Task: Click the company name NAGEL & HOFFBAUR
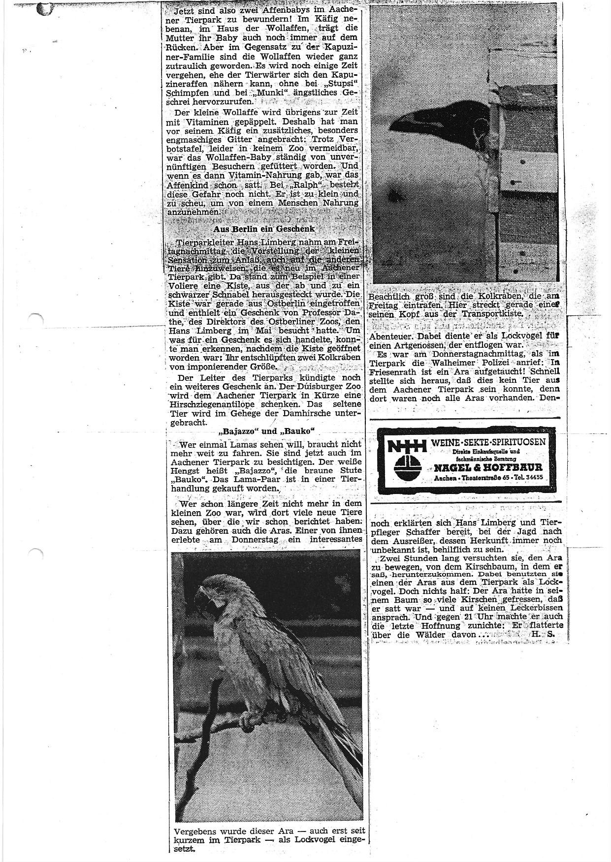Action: coord(488,467)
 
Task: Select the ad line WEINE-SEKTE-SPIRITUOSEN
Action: coord(488,441)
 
